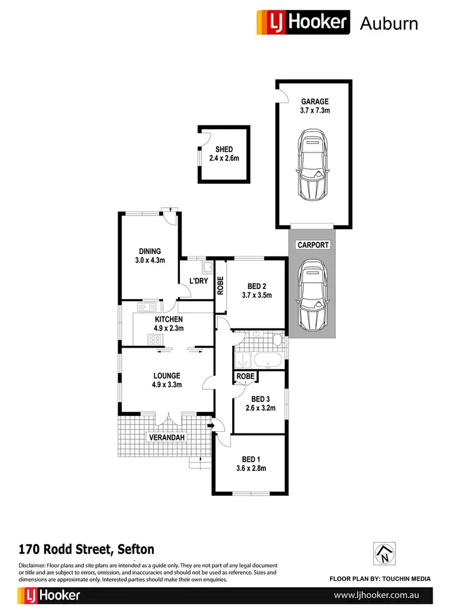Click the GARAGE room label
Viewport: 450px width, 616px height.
[314, 102]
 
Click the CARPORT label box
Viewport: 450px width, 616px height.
[312, 245]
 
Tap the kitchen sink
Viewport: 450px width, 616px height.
[144, 307]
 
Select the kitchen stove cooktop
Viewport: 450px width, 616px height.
[156, 340]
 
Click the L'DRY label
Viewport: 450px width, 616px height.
[199, 282]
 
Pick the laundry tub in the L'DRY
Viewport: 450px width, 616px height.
[207, 267]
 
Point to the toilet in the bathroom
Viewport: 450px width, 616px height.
[277, 340]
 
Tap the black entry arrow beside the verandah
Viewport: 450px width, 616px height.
[211, 426]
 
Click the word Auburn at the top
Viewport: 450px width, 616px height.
[388, 23]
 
